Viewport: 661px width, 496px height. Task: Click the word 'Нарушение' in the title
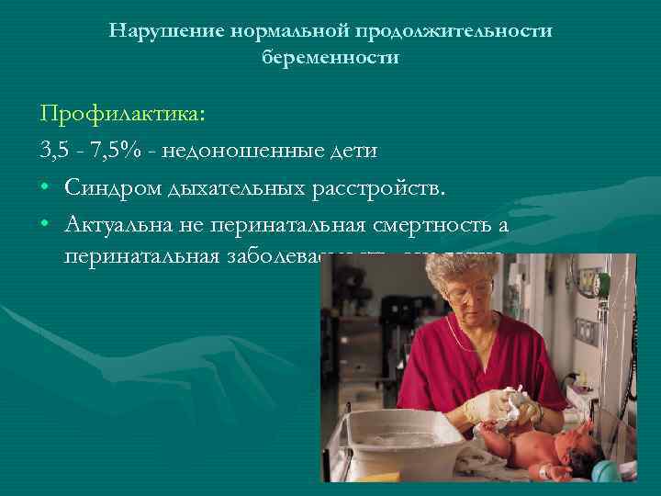165,30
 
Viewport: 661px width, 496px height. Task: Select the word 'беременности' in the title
330,56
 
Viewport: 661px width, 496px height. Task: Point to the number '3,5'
55,150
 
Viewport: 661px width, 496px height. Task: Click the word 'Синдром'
113,188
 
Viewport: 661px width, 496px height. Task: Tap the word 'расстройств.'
381,188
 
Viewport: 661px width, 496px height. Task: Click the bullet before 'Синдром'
45,188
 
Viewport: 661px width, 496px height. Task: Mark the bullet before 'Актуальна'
45,226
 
